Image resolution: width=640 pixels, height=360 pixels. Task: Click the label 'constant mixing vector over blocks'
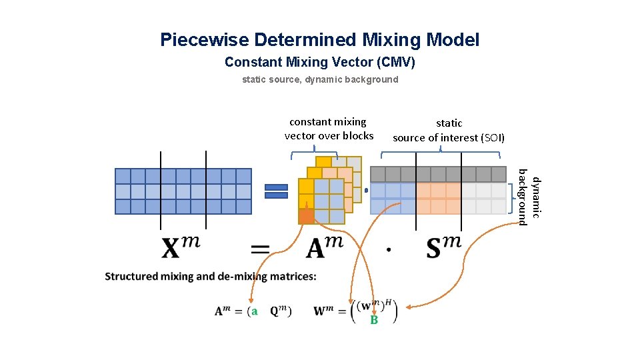click(329, 129)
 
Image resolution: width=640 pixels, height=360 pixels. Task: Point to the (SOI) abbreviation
click(492, 138)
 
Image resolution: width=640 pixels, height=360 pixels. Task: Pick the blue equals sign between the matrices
click(277, 191)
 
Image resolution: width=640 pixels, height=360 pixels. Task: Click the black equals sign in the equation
click(260, 249)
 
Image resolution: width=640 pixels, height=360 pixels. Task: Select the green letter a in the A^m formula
click(254, 311)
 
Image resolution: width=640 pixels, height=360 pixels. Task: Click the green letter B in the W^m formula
click(374, 321)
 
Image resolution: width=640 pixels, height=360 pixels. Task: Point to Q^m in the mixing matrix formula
click(279, 311)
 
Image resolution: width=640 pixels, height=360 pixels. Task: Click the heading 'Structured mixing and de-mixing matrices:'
click(211, 276)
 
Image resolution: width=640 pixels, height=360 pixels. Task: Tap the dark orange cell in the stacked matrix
click(306, 216)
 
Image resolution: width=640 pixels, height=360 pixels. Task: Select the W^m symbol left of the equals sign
click(325, 311)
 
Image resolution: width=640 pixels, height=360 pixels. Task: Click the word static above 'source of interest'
click(449, 123)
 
